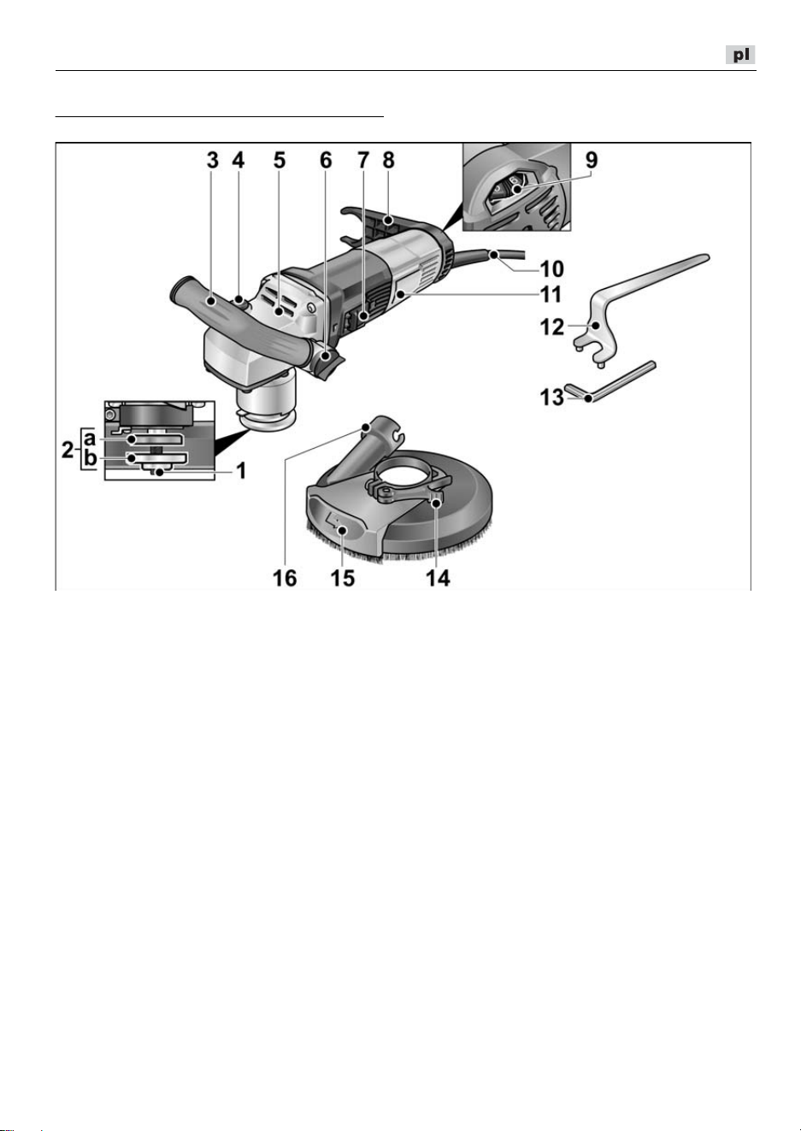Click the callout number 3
(x=213, y=161)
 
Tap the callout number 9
(x=591, y=160)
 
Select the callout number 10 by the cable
(x=552, y=269)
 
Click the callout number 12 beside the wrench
(x=552, y=327)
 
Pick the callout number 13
(x=552, y=398)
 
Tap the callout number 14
(x=438, y=578)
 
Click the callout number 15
(x=343, y=578)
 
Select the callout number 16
(x=285, y=578)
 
